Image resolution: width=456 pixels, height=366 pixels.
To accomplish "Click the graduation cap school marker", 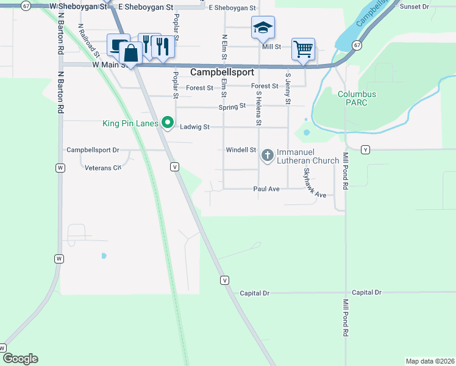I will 263,27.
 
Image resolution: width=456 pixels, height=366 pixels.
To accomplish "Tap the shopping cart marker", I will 303,49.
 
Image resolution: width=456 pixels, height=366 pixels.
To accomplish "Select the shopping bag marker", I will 130,52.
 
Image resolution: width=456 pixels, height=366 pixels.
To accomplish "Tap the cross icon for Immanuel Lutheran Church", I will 267,156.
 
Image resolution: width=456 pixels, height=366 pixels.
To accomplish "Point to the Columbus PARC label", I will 357,99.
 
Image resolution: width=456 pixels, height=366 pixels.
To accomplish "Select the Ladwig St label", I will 195,127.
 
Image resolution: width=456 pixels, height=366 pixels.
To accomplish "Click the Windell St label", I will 241,149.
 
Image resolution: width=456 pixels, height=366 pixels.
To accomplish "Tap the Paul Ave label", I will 266,189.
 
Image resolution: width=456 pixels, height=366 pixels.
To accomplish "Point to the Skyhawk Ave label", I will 315,183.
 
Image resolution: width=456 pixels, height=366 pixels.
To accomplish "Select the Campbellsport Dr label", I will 93,149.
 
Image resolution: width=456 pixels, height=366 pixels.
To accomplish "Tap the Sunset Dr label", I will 414,7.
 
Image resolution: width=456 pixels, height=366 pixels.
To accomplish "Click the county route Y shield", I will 365,149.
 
